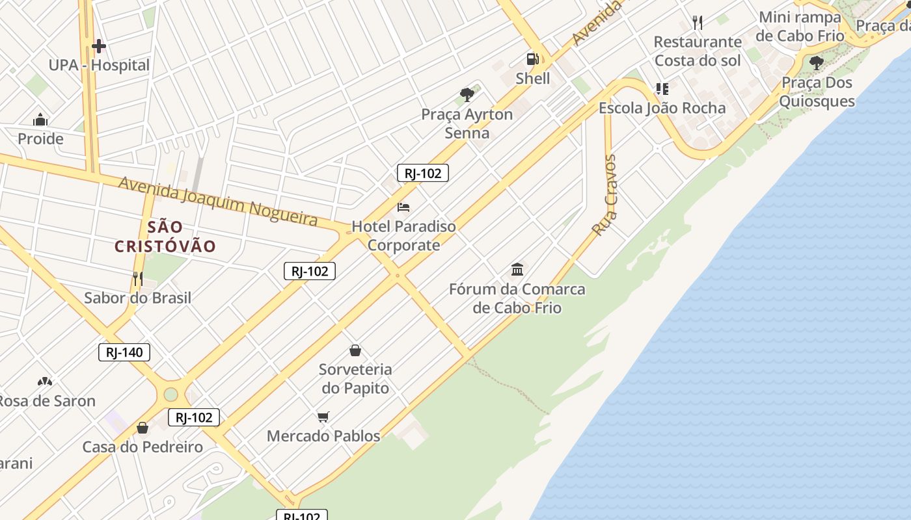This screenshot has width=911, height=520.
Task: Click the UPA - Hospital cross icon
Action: point(99,46)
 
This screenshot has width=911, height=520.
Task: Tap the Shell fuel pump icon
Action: point(533,59)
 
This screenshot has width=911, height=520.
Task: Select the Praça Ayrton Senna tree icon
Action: point(467,95)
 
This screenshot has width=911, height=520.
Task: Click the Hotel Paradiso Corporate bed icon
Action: point(403,207)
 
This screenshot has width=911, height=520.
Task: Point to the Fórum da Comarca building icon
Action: point(517,269)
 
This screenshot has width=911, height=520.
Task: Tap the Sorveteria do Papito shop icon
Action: point(355,350)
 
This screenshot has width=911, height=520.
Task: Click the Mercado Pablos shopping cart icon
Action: point(323,417)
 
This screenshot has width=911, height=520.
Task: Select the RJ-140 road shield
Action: point(124,353)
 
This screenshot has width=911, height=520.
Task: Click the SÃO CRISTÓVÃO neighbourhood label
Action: point(165,237)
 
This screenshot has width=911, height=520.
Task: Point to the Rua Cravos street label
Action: point(605,195)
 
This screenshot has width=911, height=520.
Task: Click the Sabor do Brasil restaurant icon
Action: point(137,279)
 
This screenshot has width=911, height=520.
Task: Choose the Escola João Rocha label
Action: point(662,108)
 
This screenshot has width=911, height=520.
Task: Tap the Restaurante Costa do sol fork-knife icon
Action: point(698,23)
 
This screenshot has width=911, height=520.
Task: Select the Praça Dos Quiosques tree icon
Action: point(816,63)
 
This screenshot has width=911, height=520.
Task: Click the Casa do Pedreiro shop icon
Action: point(143,428)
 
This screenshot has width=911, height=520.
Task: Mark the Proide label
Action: point(40,138)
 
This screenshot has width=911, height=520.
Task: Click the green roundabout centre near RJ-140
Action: point(170,395)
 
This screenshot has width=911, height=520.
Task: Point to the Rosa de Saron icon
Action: point(45,382)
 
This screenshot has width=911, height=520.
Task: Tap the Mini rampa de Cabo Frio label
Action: point(800,26)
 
